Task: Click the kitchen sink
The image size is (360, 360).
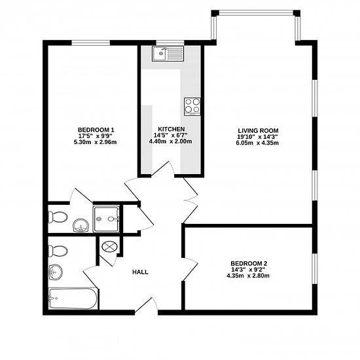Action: point(168,54)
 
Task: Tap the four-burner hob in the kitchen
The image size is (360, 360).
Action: point(192,107)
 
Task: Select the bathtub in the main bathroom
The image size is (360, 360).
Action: point(73,298)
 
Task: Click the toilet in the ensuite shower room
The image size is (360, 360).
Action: point(58,217)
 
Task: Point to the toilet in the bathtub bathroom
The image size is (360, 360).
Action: point(58,251)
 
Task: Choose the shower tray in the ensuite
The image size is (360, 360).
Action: point(106,219)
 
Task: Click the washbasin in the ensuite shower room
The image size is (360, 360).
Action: point(81,225)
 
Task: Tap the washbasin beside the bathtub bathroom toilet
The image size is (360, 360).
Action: point(56,272)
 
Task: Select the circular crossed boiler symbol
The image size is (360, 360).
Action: point(109,247)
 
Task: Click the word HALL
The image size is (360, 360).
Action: point(140,272)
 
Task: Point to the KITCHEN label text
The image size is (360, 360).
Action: point(171,129)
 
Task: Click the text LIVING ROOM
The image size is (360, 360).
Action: point(258,131)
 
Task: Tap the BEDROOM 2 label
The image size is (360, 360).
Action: point(249,263)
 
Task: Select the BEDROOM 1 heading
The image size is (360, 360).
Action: point(96,130)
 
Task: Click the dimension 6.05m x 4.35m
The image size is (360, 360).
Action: point(257,143)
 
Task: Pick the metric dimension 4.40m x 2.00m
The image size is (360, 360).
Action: point(171,141)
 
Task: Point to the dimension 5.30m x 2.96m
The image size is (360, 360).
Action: point(95,142)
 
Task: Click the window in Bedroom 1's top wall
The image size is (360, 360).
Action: point(91,43)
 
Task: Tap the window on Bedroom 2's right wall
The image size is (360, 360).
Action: point(315,268)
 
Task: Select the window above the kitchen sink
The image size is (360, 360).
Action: point(170,43)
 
